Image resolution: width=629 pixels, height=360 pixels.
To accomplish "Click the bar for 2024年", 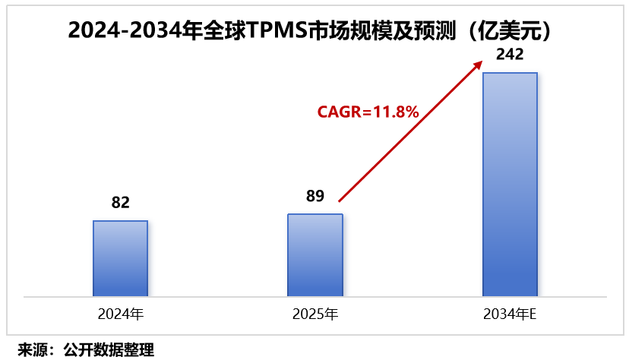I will pyautogui.click(x=121, y=258).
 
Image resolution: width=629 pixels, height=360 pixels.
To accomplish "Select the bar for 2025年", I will pyautogui.click(x=315, y=255).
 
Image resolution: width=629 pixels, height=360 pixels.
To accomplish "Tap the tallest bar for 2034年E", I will pyautogui.click(x=510, y=184).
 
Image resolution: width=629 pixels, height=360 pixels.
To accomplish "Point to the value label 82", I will pyautogui.click(x=121, y=203).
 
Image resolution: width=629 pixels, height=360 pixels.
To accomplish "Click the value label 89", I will pyautogui.click(x=315, y=196).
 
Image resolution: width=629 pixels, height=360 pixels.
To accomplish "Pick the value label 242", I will pyautogui.click(x=510, y=55).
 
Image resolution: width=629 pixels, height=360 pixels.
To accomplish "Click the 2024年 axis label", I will pyautogui.click(x=121, y=313).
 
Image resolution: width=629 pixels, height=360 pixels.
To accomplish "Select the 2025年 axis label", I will pyautogui.click(x=315, y=313).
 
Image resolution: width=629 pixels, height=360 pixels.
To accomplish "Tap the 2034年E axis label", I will pyautogui.click(x=510, y=313).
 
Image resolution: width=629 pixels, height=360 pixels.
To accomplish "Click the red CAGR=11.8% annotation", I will pyautogui.click(x=368, y=112).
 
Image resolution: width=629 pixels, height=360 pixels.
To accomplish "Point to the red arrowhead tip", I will pyautogui.click(x=482, y=61).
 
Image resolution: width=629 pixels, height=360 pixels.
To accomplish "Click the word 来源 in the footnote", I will pyautogui.click(x=32, y=349).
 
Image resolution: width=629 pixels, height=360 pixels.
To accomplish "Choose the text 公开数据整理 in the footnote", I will pyautogui.click(x=109, y=349).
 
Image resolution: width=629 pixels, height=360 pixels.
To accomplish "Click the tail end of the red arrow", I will pyautogui.click(x=340, y=201).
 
